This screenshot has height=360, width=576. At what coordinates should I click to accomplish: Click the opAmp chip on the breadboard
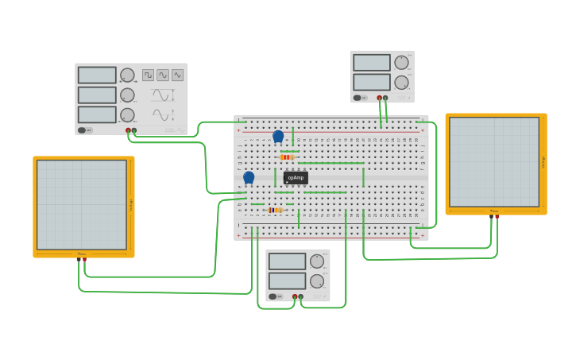296,177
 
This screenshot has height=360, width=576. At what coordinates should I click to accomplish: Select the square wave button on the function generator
149,75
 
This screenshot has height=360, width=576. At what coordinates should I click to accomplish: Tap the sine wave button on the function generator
163,75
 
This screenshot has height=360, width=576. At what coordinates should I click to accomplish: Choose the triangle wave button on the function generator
177,75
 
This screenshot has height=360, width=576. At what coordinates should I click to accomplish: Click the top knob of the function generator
127,75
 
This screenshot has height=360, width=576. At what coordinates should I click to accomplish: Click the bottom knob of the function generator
127,114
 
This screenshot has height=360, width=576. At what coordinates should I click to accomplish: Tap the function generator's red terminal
128,130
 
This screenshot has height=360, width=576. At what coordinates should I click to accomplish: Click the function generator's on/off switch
82,130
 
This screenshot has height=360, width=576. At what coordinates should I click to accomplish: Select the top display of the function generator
97,75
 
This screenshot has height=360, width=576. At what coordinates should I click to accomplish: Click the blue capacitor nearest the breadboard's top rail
278,137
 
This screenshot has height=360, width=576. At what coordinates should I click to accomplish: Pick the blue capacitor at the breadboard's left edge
249,177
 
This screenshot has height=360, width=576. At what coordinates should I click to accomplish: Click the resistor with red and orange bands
287,157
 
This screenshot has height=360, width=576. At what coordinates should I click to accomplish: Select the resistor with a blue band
275,210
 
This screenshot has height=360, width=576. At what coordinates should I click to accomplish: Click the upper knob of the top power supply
402,62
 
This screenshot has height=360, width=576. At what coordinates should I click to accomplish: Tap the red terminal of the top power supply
380,99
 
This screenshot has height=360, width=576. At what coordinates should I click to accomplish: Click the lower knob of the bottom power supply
317,281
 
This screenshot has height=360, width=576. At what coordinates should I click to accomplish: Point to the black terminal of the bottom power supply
300,296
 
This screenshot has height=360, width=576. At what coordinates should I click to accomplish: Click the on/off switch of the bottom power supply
273,296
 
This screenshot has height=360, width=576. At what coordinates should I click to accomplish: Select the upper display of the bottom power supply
287,261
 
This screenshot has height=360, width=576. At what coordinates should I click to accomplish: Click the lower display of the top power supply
372,82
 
